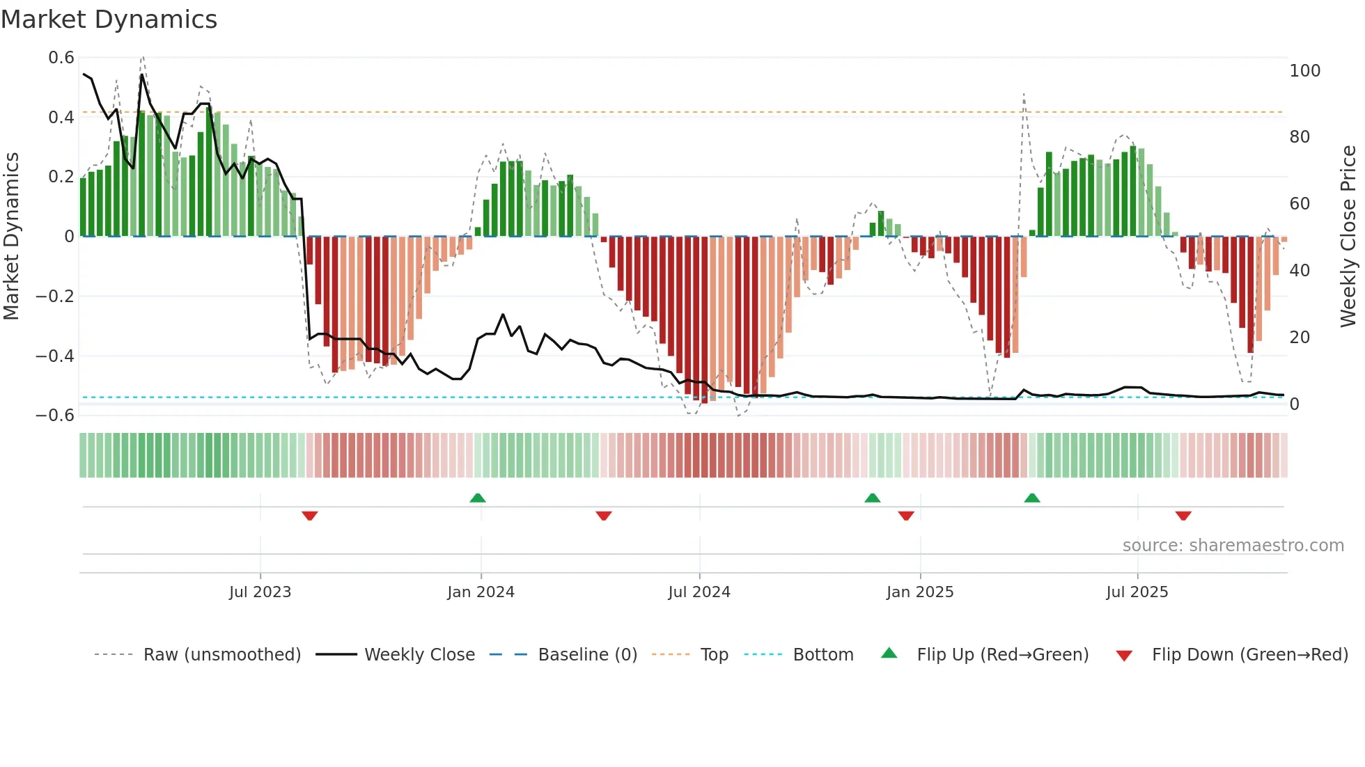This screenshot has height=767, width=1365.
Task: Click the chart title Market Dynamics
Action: click(x=109, y=19)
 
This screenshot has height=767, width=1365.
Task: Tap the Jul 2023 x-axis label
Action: click(x=260, y=592)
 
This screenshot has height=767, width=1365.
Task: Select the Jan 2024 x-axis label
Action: click(x=481, y=592)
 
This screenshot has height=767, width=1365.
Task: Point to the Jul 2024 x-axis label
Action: click(x=699, y=592)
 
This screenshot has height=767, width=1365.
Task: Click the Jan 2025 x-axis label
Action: click(x=920, y=592)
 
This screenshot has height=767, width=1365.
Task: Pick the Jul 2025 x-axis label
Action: click(x=1137, y=592)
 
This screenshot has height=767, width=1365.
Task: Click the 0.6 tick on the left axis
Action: click(x=61, y=58)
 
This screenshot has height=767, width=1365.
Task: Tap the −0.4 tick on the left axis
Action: click(x=55, y=356)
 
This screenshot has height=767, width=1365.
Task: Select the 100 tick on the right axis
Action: click(x=1304, y=71)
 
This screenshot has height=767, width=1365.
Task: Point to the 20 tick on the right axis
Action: click(x=1300, y=338)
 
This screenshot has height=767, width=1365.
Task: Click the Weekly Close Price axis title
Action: click(x=1348, y=237)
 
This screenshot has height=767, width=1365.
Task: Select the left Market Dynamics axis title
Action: click(x=11, y=237)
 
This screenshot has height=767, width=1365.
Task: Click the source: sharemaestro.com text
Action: click(x=1233, y=546)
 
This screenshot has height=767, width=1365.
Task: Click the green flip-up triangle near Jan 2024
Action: click(x=478, y=498)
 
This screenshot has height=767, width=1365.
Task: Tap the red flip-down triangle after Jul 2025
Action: click(x=1183, y=516)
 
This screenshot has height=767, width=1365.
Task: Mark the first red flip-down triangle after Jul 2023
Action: click(x=310, y=516)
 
